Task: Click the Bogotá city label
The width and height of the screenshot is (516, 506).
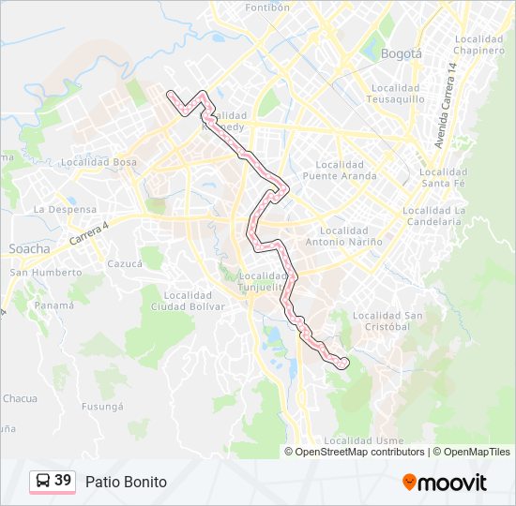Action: click(x=402, y=53)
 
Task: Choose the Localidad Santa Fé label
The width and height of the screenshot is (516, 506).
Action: click(x=443, y=178)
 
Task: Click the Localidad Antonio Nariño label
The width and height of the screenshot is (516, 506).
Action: click(x=351, y=236)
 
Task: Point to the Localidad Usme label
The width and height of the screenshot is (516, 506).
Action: click(x=363, y=439)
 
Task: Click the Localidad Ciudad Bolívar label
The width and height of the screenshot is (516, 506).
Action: click(x=188, y=300)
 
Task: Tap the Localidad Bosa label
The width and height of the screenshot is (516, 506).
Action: click(x=99, y=162)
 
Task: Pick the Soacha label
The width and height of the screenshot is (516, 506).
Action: click(x=29, y=248)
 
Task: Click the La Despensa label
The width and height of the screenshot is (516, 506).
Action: click(x=65, y=209)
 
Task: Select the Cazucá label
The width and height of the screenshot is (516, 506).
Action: click(x=123, y=264)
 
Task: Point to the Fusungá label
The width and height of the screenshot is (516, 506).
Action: click(x=102, y=406)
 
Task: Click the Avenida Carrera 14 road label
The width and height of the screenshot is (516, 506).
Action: click(x=445, y=105)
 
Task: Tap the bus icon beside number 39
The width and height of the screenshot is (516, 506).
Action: click(x=42, y=481)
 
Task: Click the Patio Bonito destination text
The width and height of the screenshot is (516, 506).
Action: click(x=126, y=482)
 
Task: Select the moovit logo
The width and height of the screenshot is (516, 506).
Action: click(x=445, y=482)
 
